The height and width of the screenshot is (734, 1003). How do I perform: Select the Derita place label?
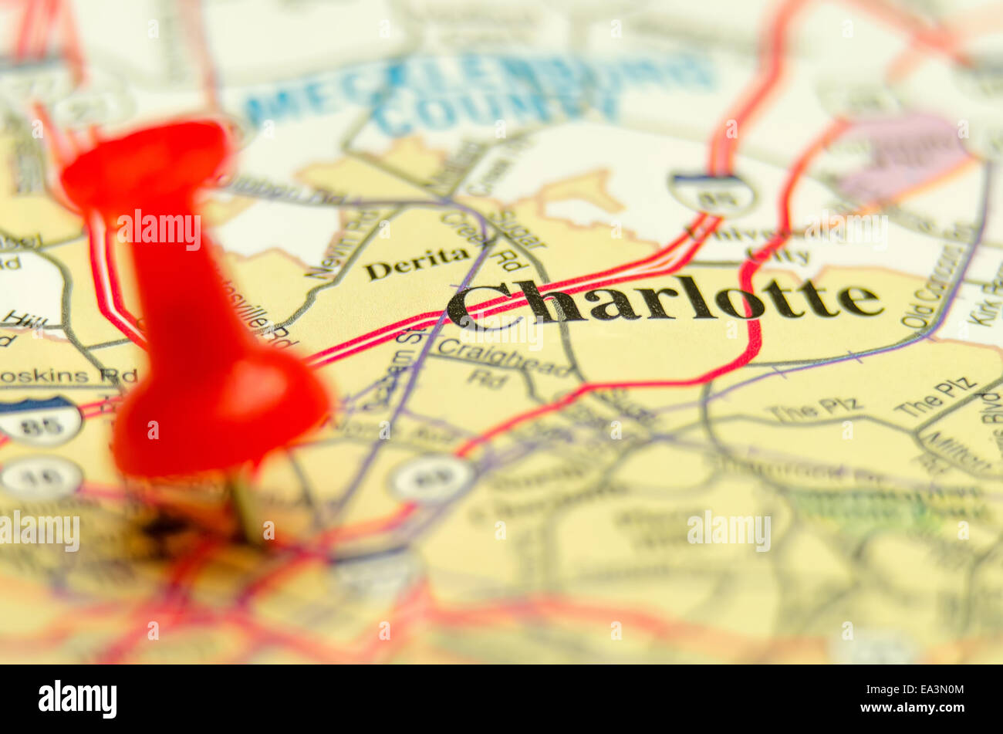(x=417, y=262)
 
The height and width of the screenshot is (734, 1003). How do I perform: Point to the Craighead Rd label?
(x=501, y=364)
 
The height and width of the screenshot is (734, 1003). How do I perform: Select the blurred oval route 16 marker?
(x=40, y=477)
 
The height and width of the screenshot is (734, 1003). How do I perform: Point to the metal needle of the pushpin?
(x=247, y=506)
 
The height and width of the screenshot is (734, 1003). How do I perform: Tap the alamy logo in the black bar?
(x=77, y=698)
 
